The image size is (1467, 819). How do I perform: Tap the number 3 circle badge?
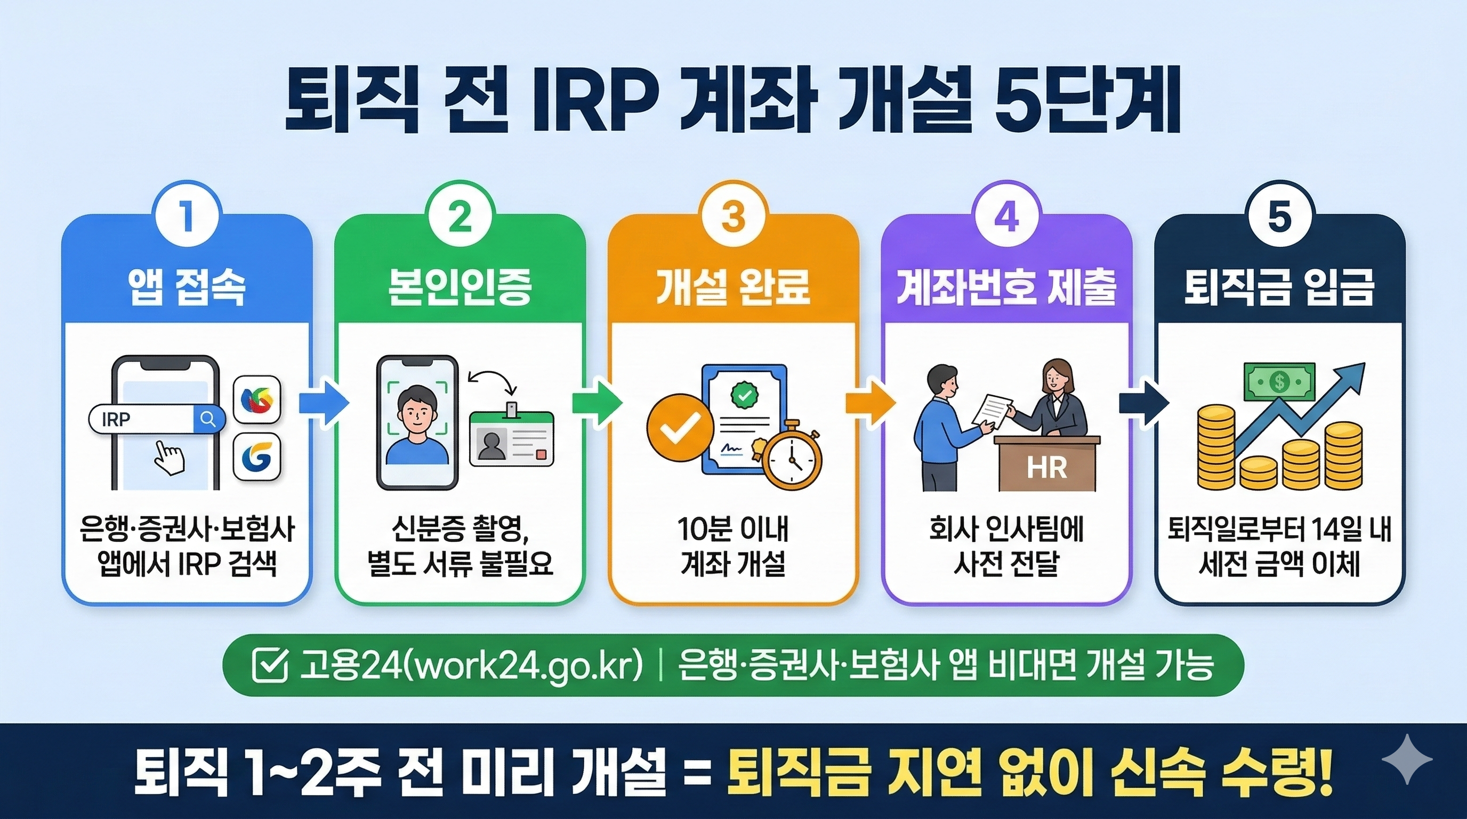(733, 219)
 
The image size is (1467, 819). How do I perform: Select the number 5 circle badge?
(1280, 219)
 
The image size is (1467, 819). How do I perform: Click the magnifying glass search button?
(208, 420)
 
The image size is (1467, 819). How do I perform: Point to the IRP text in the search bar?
(116, 420)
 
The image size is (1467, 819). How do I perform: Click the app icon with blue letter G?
(257, 456)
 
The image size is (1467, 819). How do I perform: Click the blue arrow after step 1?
(324, 403)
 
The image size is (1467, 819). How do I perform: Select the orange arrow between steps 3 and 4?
(870, 403)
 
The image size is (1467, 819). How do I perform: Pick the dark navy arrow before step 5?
(1143, 403)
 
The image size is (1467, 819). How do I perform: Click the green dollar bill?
(1280, 382)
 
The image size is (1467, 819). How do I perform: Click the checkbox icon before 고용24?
(269, 665)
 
